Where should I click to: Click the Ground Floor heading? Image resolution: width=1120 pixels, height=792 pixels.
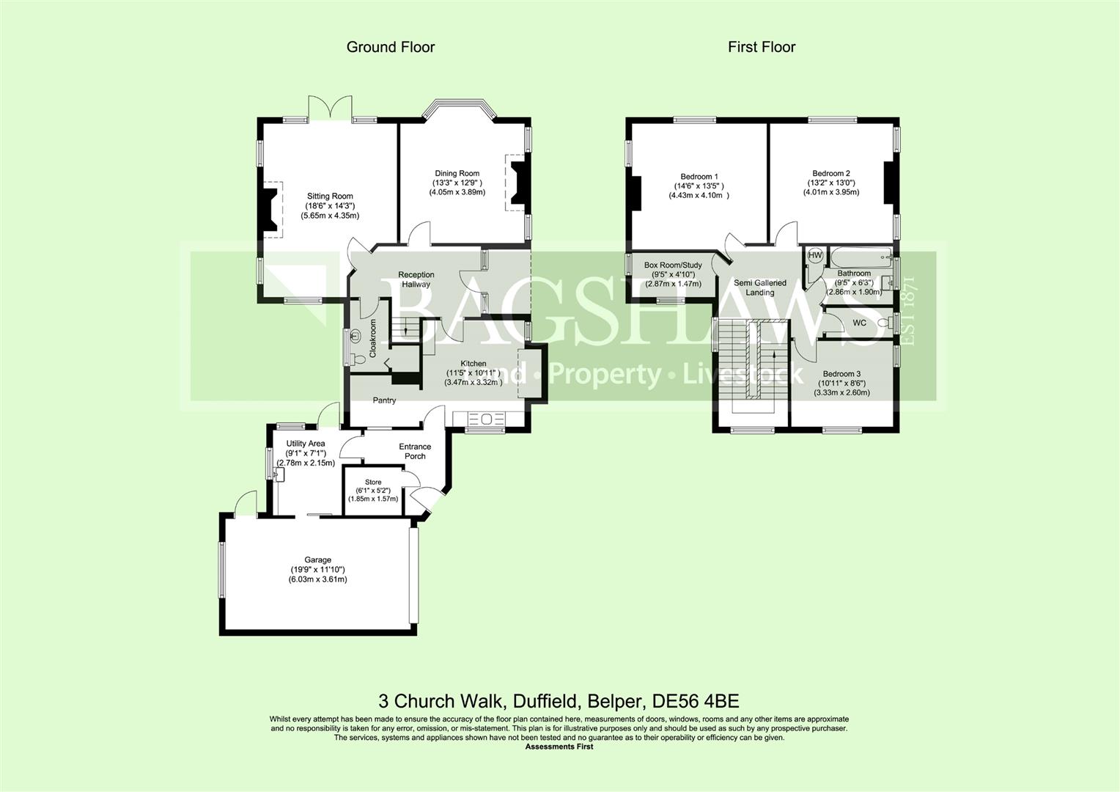[x=391, y=47]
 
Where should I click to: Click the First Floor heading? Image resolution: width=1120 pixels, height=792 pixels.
[x=762, y=47]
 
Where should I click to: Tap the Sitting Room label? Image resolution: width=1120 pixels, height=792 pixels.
[x=330, y=196]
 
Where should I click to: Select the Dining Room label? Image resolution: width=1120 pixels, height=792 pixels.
[x=457, y=174]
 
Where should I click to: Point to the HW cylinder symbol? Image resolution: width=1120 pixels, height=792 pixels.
[x=815, y=255]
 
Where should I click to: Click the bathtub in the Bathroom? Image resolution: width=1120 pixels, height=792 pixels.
[x=861, y=258]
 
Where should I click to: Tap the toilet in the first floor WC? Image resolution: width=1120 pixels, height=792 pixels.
[x=885, y=322]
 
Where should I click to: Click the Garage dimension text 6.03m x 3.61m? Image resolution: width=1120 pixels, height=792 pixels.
[x=317, y=579]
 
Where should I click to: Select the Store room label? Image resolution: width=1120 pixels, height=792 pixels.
[x=373, y=482]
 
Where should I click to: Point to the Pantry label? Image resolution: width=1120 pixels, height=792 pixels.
[x=384, y=400]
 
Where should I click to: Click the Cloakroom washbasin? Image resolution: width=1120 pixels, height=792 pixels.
[x=355, y=335]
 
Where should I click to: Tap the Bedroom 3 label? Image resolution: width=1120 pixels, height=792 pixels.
[x=842, y=374]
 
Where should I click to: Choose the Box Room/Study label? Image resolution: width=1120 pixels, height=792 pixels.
[x=673, y=265]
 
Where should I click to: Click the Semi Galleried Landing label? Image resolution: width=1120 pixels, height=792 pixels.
[x=760, y=287]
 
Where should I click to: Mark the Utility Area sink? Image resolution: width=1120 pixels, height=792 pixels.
[x=279, y=473]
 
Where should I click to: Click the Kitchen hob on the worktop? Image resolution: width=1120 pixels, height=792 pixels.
[x=486, y=419]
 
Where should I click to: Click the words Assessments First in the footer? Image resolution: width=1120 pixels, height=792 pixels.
[x=559, y=747]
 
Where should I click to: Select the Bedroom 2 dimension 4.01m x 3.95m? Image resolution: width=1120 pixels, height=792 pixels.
[x=831, y=192]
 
